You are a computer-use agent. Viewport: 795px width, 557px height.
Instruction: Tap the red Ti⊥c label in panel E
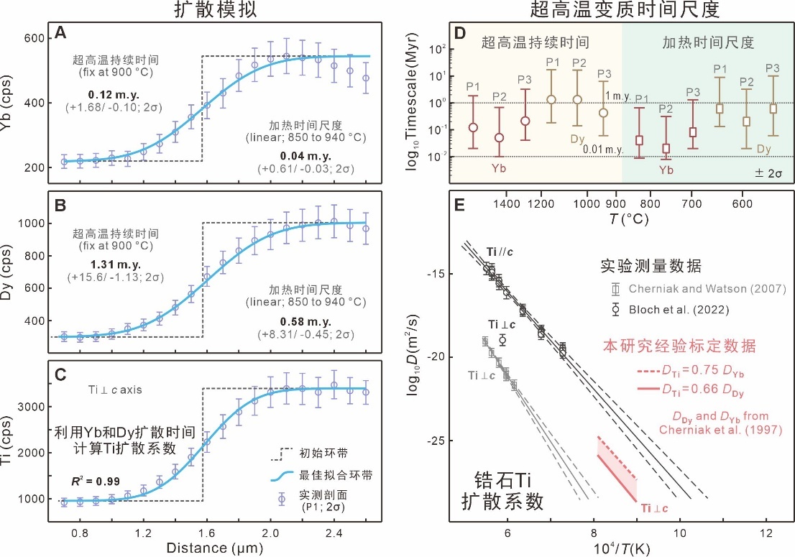click(651, 508)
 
